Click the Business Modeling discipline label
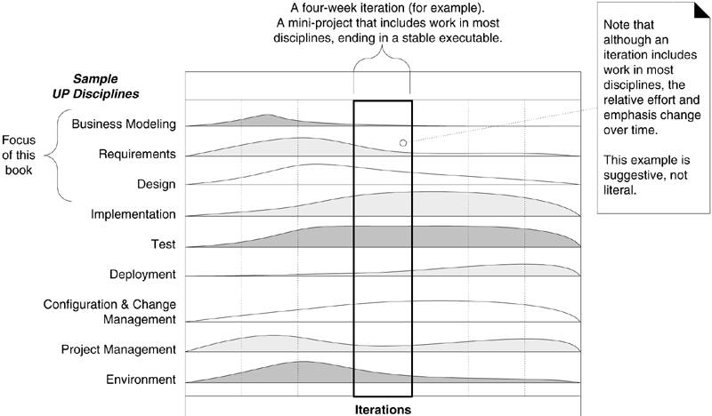click(x=123, y=124)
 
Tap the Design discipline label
click(x=156, y=184)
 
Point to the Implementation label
click(x=133, y=214)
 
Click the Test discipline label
click(x=163, y=244)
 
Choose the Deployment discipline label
click(x=142, y=274)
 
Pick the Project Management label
click(x=119, y=349)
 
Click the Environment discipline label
click(x=141, y=380)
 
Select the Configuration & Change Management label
click(x=109, y=311)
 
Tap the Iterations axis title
click(x=382, y=410)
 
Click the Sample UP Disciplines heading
click(x=107, y=86)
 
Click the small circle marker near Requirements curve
click(x=402, y=142)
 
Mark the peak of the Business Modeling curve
click(x=269, y=115)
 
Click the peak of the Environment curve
click(x=303, y=362)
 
